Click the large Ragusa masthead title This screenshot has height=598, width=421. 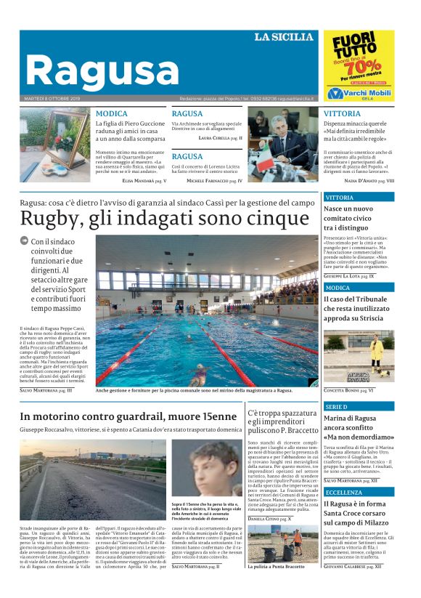point(97,71)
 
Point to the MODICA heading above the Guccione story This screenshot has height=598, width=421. point(111,114)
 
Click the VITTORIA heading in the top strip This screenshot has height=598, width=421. point(341,114)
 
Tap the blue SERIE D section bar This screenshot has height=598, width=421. point(359,407)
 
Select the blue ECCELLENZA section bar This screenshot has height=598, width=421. point(359,492)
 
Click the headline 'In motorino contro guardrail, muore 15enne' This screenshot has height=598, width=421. point(128,416)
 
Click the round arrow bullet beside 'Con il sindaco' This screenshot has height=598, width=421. point(24,241)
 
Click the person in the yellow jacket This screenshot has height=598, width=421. point(376,352)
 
